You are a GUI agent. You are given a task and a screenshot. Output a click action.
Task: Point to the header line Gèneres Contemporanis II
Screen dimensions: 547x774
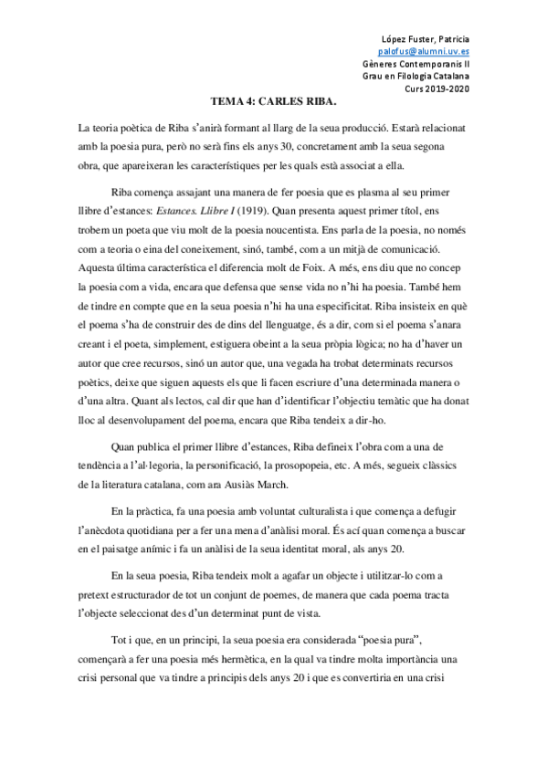[443, 66]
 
